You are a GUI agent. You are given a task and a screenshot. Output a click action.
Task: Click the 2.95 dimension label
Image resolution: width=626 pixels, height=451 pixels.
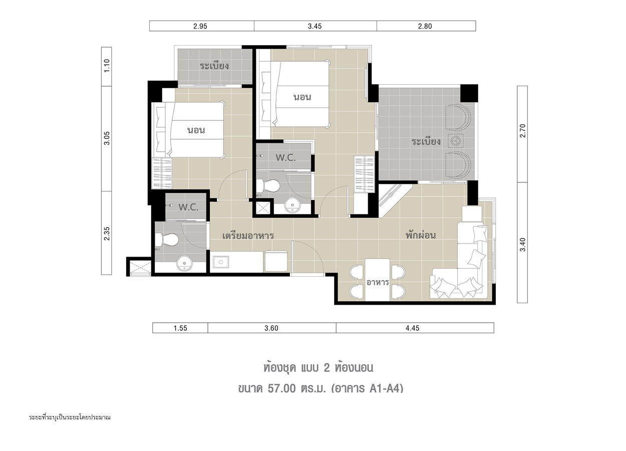(200, 26)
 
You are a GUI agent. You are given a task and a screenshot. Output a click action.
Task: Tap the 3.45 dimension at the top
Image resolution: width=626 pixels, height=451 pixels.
(315, 26)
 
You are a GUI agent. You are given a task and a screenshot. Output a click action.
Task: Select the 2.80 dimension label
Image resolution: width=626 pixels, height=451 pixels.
(425, 26)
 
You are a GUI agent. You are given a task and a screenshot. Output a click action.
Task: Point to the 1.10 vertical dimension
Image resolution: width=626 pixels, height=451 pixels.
(107, 66)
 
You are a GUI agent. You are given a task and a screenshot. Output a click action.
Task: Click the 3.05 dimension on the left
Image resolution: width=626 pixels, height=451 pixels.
(107, 138)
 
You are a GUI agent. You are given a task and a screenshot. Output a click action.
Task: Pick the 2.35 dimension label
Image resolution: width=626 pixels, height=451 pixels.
(107, 234)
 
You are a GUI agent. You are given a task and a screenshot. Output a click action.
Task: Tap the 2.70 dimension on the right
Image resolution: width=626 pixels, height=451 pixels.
(523, 131)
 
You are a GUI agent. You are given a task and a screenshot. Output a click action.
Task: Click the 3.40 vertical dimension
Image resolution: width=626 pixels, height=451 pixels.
(523, 245)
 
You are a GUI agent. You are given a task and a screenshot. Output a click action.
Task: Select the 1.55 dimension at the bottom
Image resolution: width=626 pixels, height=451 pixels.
(180, 328)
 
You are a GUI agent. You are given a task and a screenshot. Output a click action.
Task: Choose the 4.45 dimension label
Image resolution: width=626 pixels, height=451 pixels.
(413, 328)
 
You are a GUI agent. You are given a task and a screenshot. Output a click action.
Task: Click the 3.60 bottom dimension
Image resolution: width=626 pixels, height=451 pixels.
(271, 328)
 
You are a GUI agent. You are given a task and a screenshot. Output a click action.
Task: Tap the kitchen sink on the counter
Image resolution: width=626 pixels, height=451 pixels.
(221, 262)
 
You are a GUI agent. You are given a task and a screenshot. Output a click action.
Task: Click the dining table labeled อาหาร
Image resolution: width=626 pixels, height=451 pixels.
(377, 280)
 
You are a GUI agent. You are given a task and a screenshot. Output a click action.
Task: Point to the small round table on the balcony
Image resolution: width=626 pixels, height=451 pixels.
(456, 141)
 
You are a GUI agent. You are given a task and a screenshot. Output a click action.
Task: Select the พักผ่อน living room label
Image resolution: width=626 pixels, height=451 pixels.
(421, 235)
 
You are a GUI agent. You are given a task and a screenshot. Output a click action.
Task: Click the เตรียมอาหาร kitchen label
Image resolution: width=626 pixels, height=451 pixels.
(248, 236)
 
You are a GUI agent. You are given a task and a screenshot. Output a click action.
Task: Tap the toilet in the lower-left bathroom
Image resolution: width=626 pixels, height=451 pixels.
(167, 240)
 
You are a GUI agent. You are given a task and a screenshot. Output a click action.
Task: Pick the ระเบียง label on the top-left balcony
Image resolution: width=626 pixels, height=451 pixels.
(214, 66)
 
